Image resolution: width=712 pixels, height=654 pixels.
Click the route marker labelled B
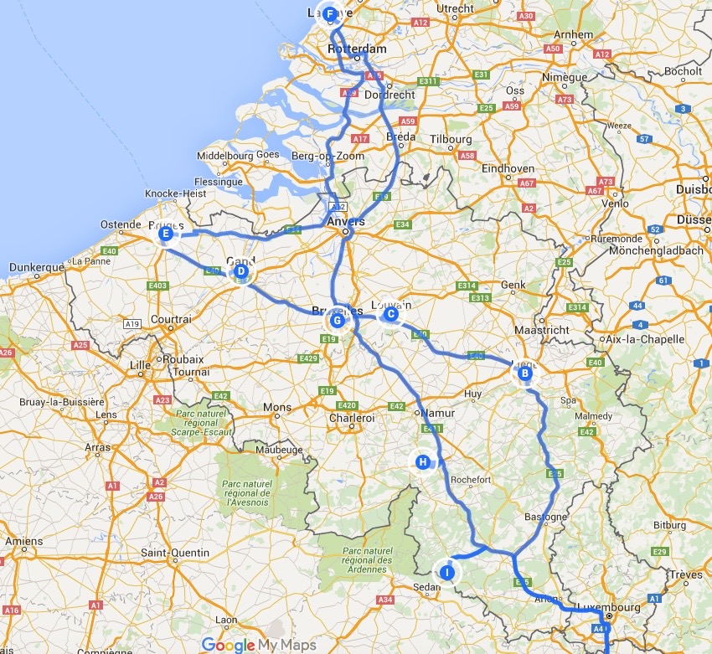tap(525, 374)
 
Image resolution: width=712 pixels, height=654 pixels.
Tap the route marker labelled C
tap(390, 314)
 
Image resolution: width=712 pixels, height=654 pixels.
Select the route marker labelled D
tap(240, 271)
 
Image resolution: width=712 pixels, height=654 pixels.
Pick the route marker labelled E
tap(166, 235)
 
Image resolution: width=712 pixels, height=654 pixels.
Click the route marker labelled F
tap(330, 14)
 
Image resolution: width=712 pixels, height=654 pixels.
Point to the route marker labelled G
tap(337, 320)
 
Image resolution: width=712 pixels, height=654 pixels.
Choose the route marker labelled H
tap(423, 461)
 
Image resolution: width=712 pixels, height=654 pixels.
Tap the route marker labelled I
tap(448, 572)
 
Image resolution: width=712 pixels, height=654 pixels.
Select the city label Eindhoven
tap(508, 168)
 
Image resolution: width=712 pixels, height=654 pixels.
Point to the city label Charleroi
tap(353, 418)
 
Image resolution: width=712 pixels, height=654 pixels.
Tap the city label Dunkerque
tap(36, 268)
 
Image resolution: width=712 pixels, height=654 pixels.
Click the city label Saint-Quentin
tap(178, 553)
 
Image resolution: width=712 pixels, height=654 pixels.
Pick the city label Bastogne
tap(545, 517)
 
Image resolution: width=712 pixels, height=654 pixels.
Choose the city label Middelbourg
tap(224, 156)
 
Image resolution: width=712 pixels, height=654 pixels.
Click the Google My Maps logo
tap(258, 645)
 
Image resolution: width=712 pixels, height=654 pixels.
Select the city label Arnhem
tap(573, 35)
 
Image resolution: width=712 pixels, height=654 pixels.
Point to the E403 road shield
tap(157, 286)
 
